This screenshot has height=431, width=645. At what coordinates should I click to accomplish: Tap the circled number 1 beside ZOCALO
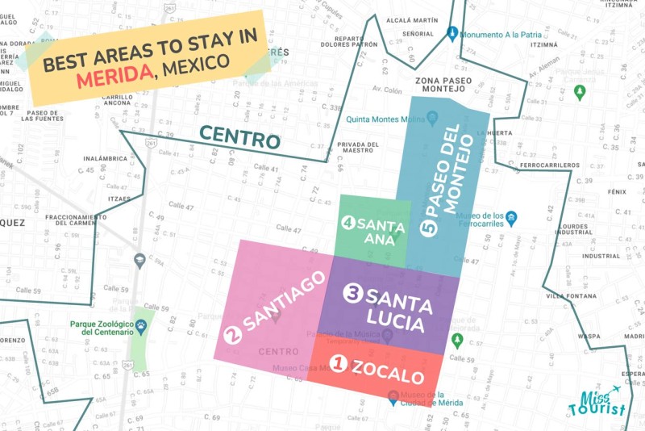tap(339, 365)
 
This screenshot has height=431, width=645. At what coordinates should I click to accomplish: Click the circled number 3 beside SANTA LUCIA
tap(352, 294)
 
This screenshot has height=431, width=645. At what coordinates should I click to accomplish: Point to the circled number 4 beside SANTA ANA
tap(348, 222)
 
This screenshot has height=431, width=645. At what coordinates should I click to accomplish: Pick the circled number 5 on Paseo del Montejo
tap(428, 228)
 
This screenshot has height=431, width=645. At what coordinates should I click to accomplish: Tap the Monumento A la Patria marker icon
tap(452, 34)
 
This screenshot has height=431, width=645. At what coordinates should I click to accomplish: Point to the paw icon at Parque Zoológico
tap(141, 327)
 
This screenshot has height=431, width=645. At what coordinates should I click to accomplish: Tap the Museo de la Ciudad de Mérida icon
tap(393, 396)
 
